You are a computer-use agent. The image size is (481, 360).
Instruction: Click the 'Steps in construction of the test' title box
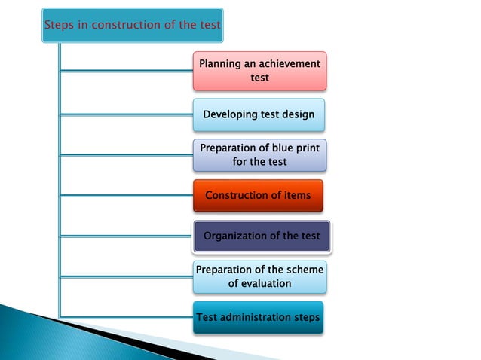pos(133,24)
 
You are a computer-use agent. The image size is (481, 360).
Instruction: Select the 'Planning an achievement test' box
pos(259,71)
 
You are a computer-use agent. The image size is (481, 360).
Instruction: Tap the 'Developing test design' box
pos(259,115)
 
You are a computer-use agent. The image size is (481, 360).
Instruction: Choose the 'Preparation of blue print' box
pos(259,155)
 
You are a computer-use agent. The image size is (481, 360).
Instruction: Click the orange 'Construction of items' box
pos(258,196)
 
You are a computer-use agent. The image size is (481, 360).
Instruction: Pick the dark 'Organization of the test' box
pos(262,236)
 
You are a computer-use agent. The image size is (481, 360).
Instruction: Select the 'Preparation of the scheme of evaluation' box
pos(259,276)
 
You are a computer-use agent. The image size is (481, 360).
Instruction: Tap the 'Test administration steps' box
pos(258,318)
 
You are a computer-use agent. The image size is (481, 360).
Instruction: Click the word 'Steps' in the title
pos(58,25)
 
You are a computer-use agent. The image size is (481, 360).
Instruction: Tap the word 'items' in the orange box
pos(296,196)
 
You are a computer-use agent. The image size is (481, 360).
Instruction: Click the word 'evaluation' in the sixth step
pos(259,284)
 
